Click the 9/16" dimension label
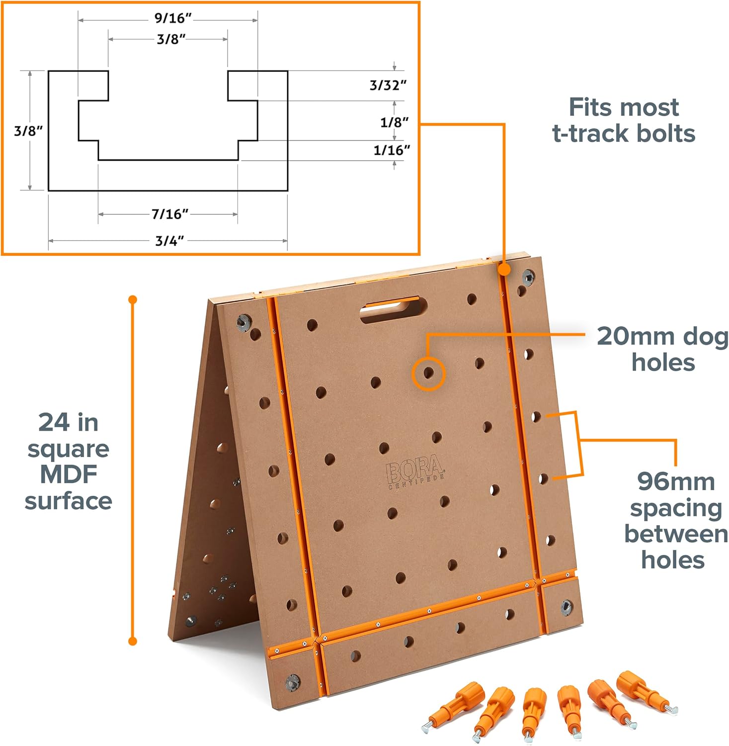pyautogui.click(x=173, y=18)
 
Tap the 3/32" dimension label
pyautogui.click(x=388, y=86)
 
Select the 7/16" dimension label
pyautogui.click(x=170, y=214)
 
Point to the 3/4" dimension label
pyautogui.click(x=169, y=241)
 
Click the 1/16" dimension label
pyautogui.click(x=392, y=150)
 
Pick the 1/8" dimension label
pyautogui.click(x=394, y=122)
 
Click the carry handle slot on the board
pyautogui.click(x=394, y=309)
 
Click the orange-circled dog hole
pyautogui.click(x=428, y=373)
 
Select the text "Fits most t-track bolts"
pyautogui.click(x=624, y=120)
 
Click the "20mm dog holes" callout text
pyautogui.click(x=662, y=349)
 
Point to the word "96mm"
pyautogui.click(x=676, y=481)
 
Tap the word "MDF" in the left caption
pyautogui.click(x=69, y=474)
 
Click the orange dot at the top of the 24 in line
pyautogui.click(x=133, y=299)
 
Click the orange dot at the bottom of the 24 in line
pyautogui.click(x=133, y=641)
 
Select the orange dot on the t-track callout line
pyautogui.click(x=504, y=270)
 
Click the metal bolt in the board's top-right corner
pyautogui.click(x=528, y=277)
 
